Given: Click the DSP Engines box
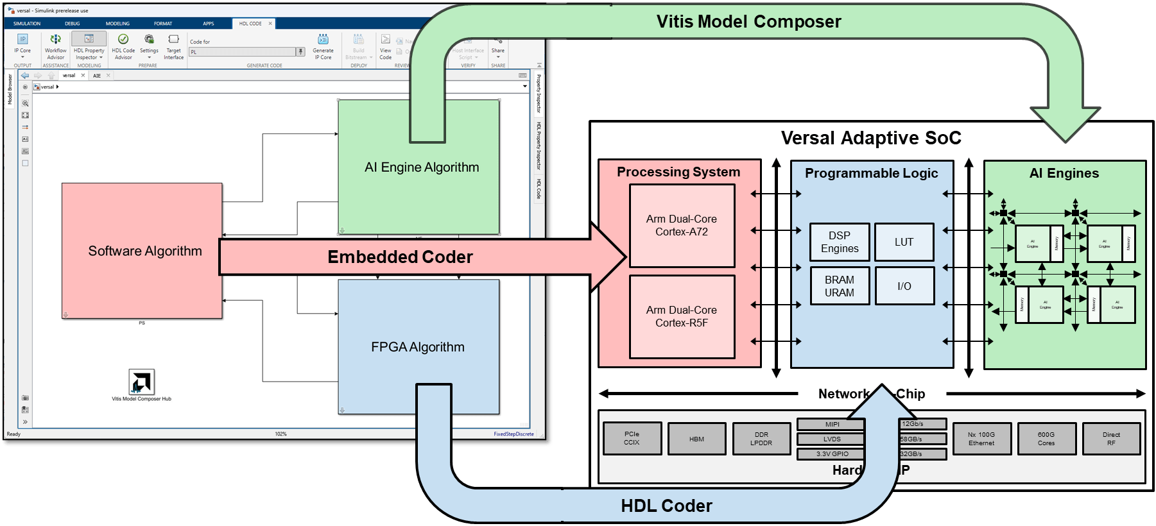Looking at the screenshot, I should tap(839, 242).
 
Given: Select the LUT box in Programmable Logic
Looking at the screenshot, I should tap(904, 242).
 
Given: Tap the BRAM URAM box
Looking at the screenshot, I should tap(839, 286).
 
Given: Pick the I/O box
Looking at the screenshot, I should tap(904, 286).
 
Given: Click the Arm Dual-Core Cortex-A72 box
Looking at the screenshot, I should tap(682, 226).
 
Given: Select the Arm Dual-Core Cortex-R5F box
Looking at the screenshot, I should tap(682, 317).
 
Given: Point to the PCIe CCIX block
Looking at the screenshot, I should tap(632, 439).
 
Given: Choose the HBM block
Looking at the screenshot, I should tap(696, 439).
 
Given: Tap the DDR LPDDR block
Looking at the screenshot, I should tap(761, 439).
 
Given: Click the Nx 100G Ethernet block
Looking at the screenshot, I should tap(981, 439).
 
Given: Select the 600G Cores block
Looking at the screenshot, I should tap(1046, 439).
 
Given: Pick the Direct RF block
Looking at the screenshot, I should tap(1110, 439).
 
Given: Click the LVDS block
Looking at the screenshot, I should tap(831, 439).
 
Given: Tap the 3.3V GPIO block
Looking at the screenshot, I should tap(831, 454).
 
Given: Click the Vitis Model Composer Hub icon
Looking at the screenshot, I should tap(141, 382).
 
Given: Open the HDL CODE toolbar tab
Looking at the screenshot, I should tap(250, 24).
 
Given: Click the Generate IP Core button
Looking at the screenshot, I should tap(323, 46).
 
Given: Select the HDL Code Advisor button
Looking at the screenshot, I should tap(123, 46).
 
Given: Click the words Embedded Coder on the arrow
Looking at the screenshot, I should tap(400, 257).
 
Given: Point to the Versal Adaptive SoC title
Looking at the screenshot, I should tap(870, 138).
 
